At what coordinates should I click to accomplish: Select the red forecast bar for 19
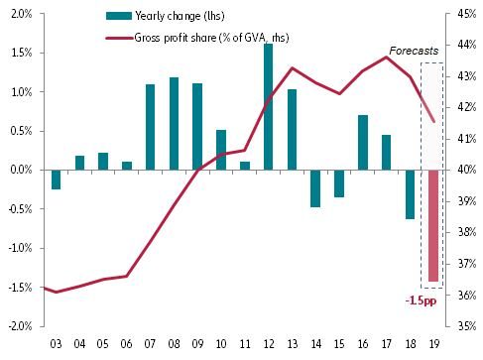point(432,226)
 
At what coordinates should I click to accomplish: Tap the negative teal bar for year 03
point(57,180)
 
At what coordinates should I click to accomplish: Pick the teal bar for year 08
point(174,124)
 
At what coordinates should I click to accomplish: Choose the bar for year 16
point(363,143)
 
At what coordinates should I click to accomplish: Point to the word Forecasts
point(414,50)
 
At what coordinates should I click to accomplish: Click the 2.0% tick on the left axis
point(20,14)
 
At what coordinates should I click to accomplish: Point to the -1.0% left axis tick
point(19,248)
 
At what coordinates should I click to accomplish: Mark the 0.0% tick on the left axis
point(20,170)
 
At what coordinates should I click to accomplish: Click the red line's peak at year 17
point(387,57)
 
